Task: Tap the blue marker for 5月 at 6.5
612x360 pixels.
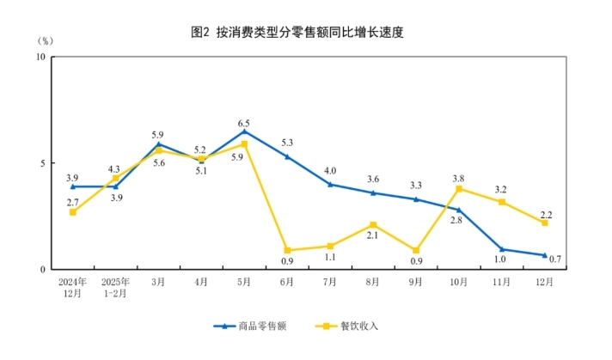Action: (244, 131)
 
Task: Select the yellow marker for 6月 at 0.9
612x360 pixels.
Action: (287, 251)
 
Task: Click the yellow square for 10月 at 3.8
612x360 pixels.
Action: (459, 189)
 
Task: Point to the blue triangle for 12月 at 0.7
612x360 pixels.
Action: (544, 255)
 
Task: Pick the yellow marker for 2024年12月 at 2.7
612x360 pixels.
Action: (73, 212)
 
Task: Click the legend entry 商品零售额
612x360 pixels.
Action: (259, 326)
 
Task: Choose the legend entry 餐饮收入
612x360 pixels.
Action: (348, 326)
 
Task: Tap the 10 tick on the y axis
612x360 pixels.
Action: (40, 58)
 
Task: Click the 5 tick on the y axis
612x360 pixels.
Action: (43, 163)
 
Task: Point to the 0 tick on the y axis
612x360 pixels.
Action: (43, 270)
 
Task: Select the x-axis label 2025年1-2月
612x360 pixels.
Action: (115, 286)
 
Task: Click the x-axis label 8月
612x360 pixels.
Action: (373, 281)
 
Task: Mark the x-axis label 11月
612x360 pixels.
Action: (501, 281)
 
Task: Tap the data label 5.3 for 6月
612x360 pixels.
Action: (287, 143)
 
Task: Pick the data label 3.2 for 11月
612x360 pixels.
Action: (502, 187)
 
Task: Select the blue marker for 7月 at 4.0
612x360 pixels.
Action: (330, 184)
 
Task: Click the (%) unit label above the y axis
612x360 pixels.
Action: (46, 40)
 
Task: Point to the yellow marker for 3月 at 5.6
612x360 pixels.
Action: (158, 150)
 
